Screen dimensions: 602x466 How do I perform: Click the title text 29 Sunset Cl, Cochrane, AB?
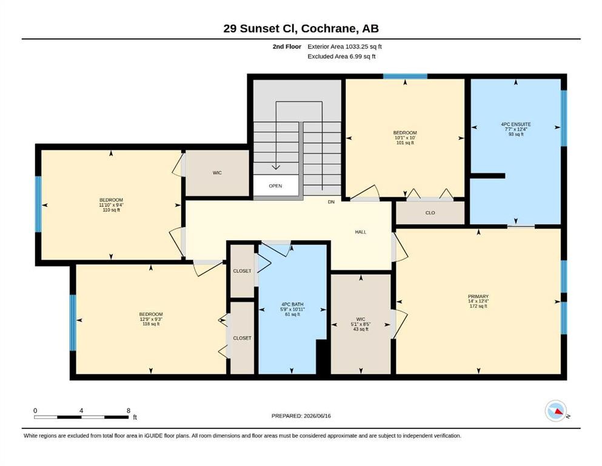tap(301, 29)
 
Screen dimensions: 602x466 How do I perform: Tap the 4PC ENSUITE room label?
tap(516, 124)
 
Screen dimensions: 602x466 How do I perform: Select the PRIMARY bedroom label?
tap(478, 297)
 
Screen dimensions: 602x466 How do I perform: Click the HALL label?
tap(361, 232)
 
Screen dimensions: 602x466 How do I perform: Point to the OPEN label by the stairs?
tap(275, 186)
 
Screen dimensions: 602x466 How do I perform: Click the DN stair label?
tap(331, 201)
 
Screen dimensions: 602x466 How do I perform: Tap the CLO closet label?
tap(430, 213)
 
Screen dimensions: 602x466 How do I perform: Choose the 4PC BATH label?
tap(292, 304)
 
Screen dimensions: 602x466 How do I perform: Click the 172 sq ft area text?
tap(478, 306)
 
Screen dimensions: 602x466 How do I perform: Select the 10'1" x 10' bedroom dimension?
tap(405, 138)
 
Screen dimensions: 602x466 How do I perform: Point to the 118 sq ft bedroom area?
tap(151, 324)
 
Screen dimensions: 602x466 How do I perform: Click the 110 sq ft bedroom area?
tap(112, 210)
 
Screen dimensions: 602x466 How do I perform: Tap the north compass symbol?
tap(557, 411)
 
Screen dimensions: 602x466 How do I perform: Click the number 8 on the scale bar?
tap(129, 411)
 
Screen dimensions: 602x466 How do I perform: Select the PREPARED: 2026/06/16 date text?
tap(301, 416)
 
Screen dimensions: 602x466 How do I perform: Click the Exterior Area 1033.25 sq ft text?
tap(344, 47)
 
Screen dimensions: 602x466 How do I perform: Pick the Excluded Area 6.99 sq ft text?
tap(341, 56)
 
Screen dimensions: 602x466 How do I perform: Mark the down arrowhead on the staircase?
tap(276, 167)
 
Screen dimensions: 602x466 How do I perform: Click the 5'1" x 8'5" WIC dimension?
tap(361, 324)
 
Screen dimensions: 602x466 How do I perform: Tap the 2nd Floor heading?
tap(287, 47)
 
